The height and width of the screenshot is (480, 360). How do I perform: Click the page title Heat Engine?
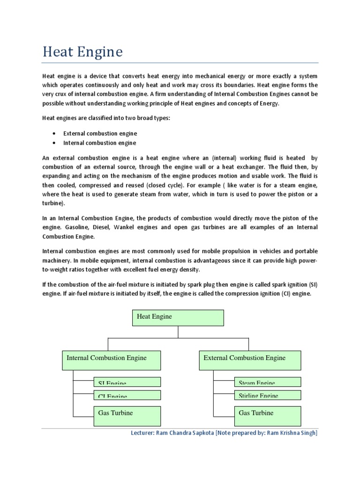coord(82,52)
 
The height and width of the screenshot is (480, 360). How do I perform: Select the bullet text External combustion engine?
coord(99,134)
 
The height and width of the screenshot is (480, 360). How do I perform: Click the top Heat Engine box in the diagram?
coord(178,317)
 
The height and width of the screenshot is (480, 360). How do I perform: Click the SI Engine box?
coord(127,382)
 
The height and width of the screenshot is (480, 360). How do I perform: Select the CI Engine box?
coord(127,395)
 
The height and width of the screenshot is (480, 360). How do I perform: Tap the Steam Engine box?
coord(267,382)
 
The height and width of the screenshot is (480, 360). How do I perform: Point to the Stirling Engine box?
coord(267,395)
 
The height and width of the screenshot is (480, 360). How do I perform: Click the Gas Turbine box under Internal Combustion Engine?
coord(127,415)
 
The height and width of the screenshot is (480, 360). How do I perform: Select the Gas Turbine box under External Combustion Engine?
coord(267,415)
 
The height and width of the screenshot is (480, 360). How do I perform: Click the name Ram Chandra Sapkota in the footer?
coord(184,433)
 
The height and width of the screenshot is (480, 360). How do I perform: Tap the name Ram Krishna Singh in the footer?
coord(291,433)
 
